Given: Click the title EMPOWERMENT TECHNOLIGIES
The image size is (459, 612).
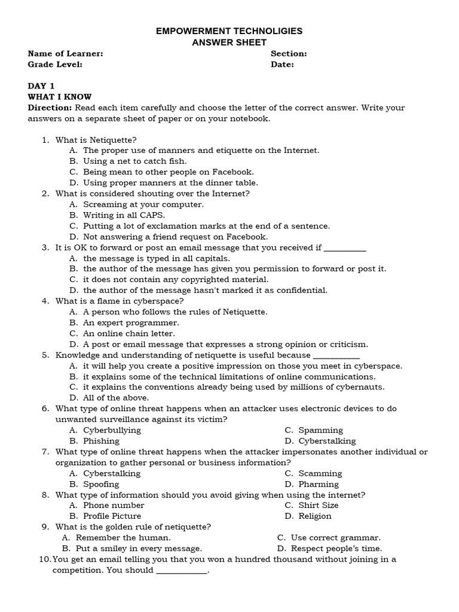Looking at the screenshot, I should coord(229,30).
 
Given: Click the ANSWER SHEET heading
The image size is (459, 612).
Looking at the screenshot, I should coord(229,42).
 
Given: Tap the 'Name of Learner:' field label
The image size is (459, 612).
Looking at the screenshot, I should coord(65,53).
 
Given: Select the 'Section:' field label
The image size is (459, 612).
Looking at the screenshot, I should coord(289,53).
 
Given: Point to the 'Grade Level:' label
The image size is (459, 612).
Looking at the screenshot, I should coord(55,64).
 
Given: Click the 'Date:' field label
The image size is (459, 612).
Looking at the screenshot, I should coord(282,64).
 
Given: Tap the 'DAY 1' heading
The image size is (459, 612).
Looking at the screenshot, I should coord(41,86).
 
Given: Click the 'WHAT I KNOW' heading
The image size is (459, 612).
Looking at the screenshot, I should coord(60,97).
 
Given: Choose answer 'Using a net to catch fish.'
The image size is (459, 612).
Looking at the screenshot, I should coord(135,161).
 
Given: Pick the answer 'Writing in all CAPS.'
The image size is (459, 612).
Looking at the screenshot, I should coord(124,215).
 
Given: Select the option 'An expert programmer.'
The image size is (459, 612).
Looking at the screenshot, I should coord(131,322).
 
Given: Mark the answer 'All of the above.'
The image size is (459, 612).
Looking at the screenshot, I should coord(116,397).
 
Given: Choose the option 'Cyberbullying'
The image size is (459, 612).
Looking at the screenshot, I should coord(112,430).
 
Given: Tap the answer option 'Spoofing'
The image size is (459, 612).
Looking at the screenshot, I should coord(101,484).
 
